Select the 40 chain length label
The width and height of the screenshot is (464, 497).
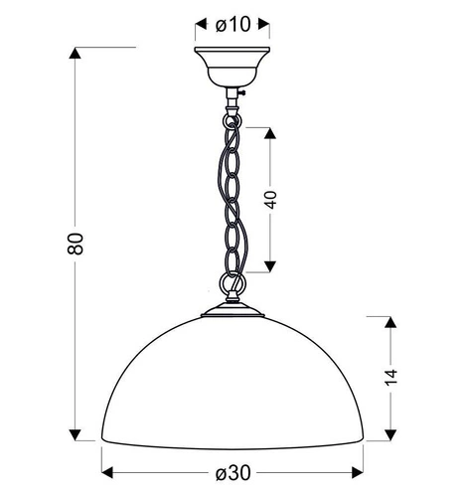click(x=269, y=198)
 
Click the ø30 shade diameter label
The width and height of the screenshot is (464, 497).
click(x=233, y=472)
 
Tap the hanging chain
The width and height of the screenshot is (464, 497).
click(x=232, y=199)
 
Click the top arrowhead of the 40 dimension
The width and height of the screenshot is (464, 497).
click(x=270, y=133)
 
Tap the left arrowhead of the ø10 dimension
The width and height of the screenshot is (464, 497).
click(x=198, y=25)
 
